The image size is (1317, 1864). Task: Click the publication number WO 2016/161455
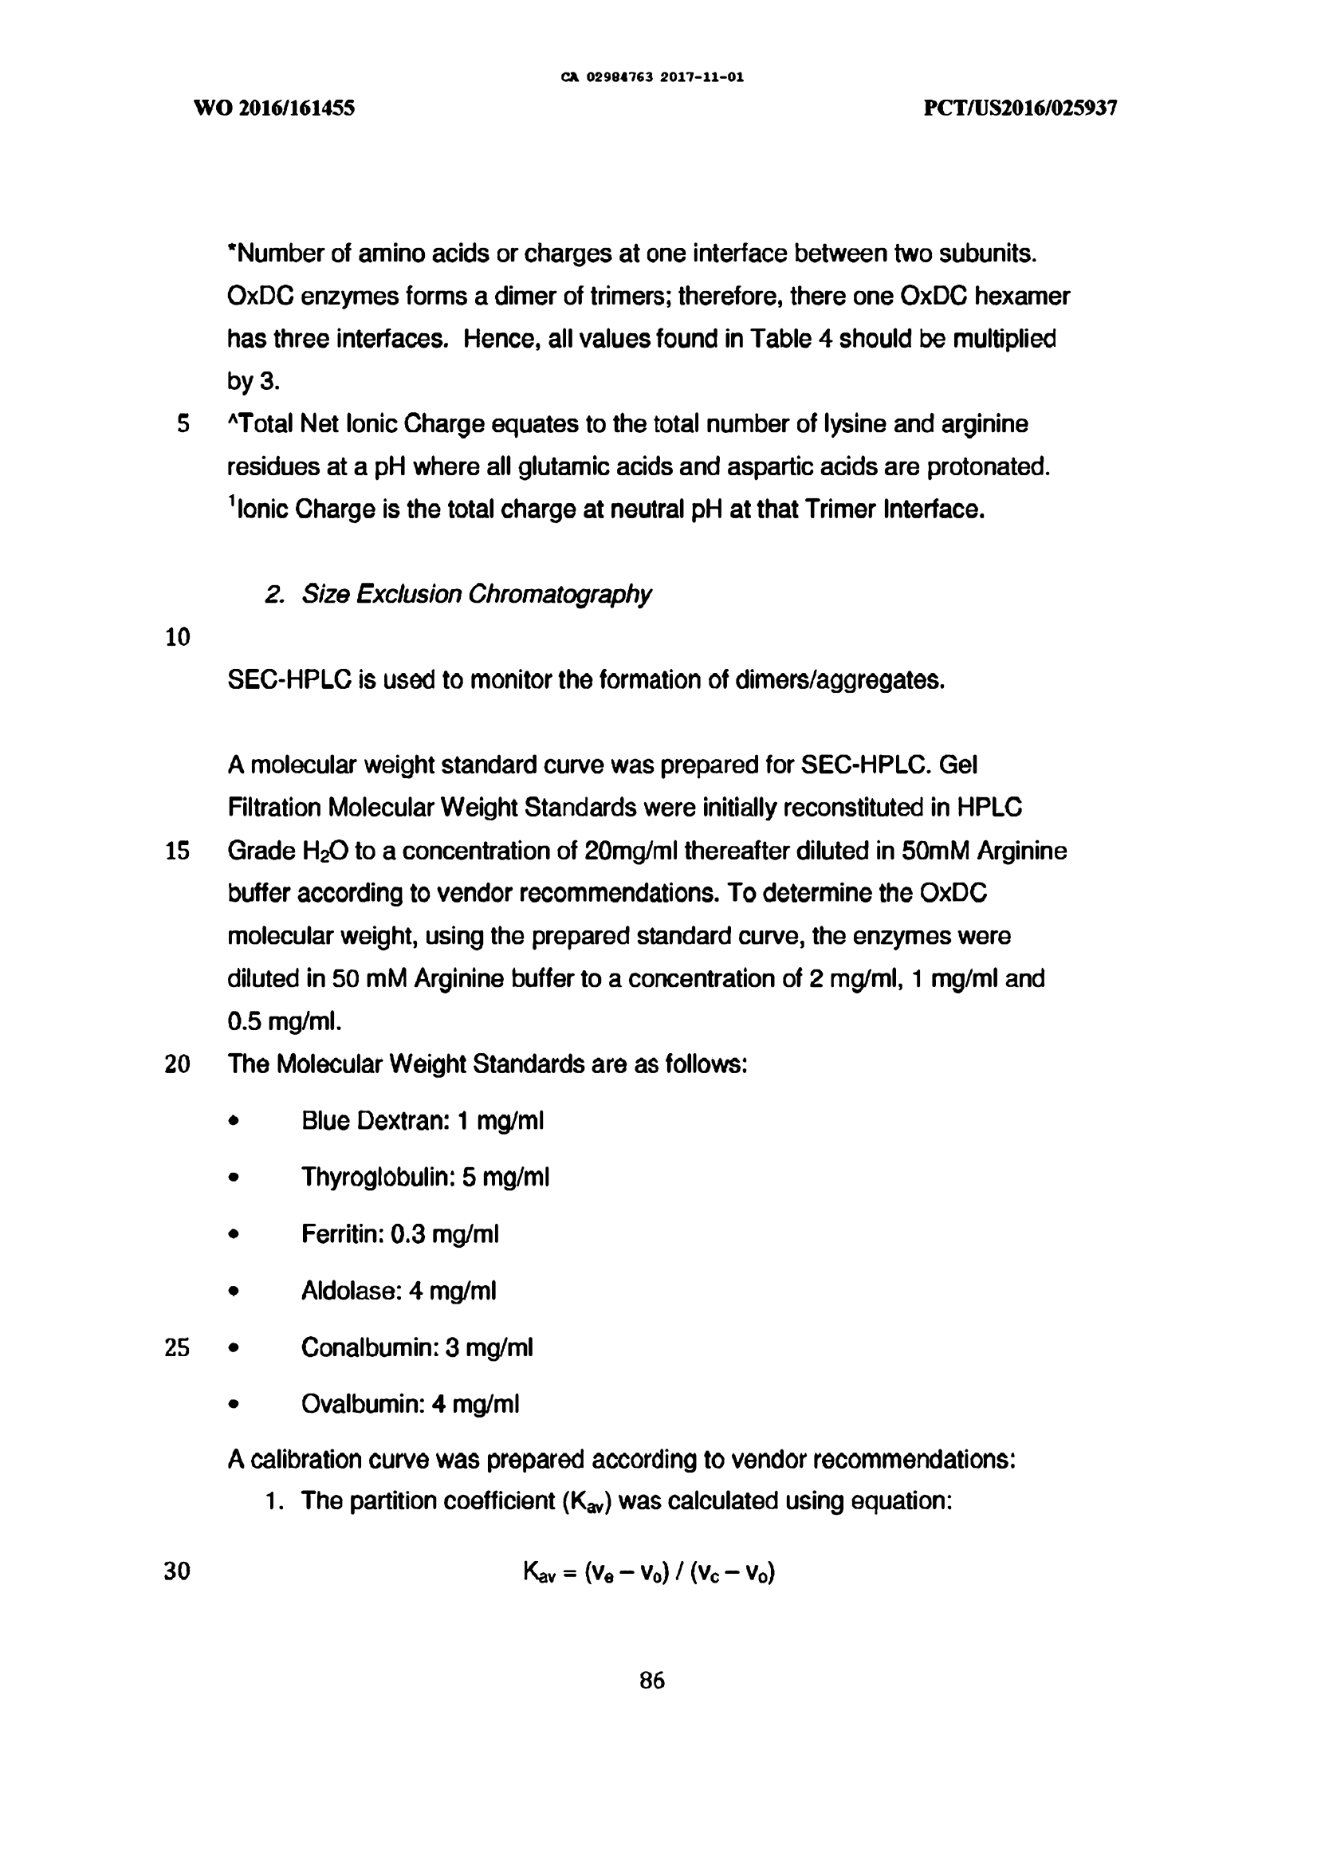(273, 108)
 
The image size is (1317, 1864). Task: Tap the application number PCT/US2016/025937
(1020, 108)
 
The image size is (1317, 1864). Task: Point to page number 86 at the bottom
(652, 1681)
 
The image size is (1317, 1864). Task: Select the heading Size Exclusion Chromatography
(476, 594)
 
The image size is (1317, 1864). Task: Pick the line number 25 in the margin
(177, 1347)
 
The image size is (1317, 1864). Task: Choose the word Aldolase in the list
(351, 1291)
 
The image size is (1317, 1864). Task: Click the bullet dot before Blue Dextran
(234, 1121)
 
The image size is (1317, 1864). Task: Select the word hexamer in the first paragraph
(1021, 297)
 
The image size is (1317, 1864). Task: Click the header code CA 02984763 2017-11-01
(652, 77)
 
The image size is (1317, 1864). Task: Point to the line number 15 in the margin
(177, 851)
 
